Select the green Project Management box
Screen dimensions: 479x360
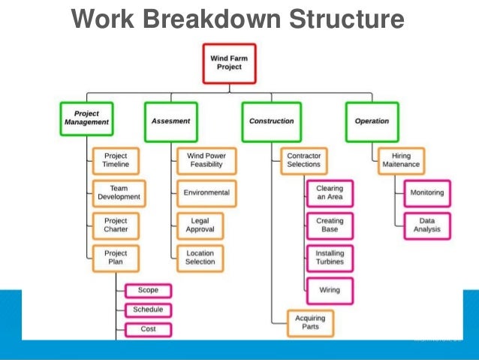coord(86,119)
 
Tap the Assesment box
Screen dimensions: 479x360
coord(170,121)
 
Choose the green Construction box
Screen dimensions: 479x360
coord(271,121)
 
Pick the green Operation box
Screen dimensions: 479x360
coord(372,121)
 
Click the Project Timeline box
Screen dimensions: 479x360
coord(116,160)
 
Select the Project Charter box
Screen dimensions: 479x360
coord(116,225)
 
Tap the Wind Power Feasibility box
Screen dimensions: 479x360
coord(206,160)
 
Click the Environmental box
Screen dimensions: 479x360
coord(206,193)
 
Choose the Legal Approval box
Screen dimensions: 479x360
coord(200,225)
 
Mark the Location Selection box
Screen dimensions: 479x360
coord(200,258)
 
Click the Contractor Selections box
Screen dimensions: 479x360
coord(303,160)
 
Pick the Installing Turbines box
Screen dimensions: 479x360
coord(330,258)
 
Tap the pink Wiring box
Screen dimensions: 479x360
coord(330,289)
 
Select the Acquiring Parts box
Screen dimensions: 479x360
coord(310,323)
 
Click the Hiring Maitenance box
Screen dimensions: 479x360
coord(402,160)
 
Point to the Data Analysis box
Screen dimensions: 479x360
coord(426,225)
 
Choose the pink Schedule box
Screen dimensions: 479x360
coord(148,310)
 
